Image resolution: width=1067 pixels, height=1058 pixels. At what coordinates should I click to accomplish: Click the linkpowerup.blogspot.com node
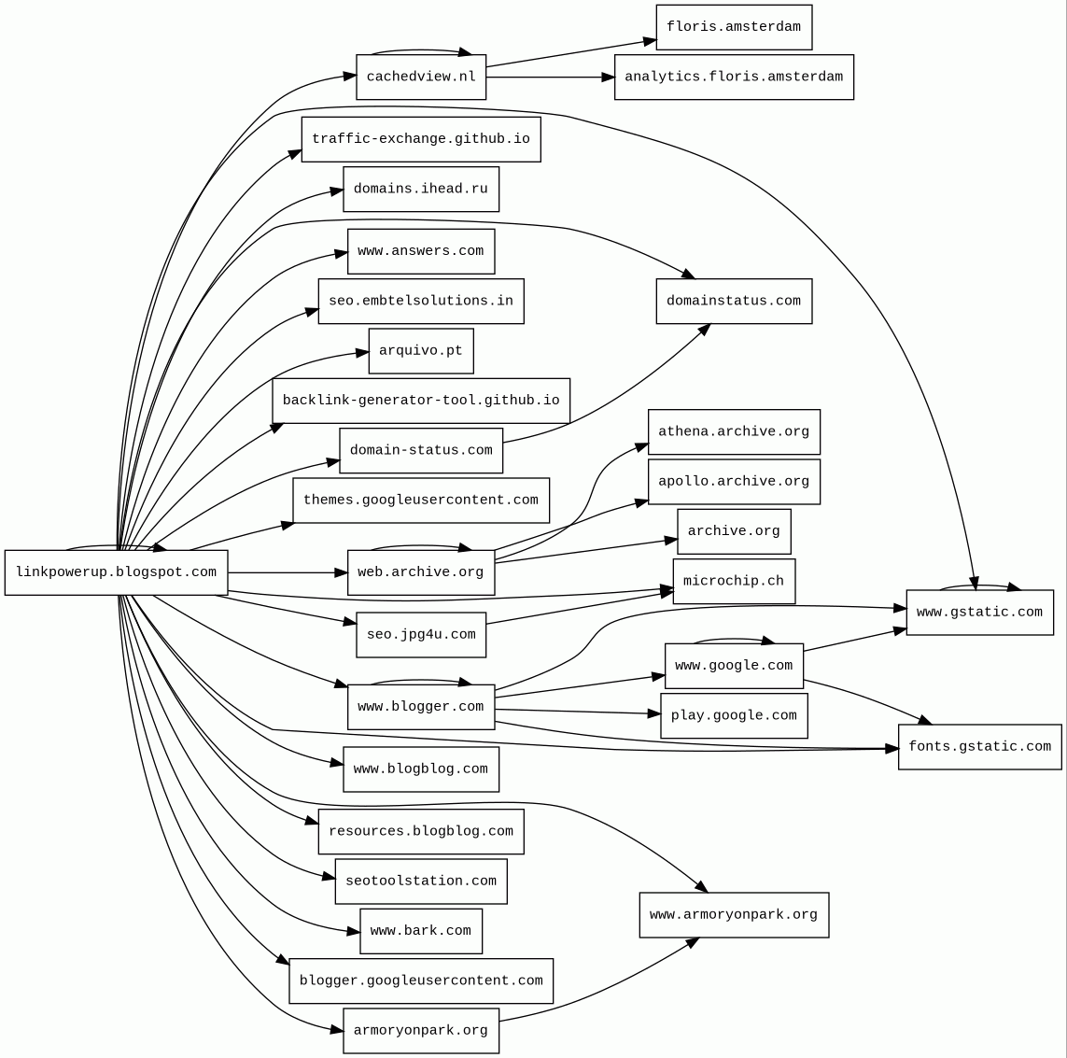pos(116,572)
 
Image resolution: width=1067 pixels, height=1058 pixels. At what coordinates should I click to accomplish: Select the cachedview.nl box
pos(421,77)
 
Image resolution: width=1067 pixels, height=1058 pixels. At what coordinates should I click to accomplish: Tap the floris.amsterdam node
pos(734,27)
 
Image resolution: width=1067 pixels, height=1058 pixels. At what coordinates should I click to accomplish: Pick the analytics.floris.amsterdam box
pos(734,77)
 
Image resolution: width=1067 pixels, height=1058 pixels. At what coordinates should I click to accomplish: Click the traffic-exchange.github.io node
pos(421,139)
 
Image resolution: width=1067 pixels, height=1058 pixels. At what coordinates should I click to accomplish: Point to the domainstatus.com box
pos(734,301)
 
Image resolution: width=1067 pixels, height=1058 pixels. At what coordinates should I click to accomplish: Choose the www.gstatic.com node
pos(979,613)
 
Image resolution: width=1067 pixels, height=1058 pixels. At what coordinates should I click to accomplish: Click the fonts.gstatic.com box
pos(979,746)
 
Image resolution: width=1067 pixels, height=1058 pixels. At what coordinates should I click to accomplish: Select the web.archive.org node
pos(421,572)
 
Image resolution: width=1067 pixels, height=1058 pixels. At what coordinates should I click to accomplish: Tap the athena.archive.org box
pos(734,431)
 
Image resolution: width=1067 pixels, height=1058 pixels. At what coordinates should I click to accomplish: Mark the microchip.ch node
pos(734,581)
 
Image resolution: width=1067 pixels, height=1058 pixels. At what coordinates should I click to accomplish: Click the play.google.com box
pos(734,715)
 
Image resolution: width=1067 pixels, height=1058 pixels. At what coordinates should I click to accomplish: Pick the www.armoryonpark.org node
pos(734,914)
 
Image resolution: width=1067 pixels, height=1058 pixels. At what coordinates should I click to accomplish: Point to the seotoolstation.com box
pos(421,881)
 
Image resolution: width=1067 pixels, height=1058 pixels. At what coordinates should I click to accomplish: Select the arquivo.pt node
pos(421,351)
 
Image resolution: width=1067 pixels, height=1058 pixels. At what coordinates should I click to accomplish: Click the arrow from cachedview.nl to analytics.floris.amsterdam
pos(551,77)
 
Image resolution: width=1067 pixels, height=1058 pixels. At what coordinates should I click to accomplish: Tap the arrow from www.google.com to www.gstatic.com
pos(854,640)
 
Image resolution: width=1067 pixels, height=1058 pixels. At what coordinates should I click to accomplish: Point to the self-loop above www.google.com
pos(734,640)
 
